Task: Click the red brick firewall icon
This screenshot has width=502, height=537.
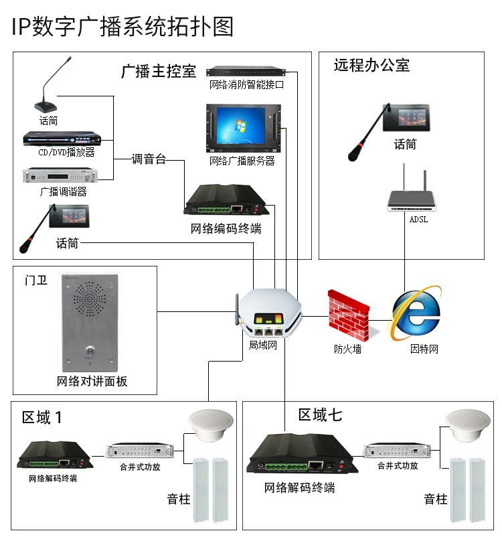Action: point(348,315)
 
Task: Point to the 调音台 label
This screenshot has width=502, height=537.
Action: point(149,159)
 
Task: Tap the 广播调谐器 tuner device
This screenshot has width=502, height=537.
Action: point(60,175)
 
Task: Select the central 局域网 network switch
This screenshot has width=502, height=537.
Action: point(267,314)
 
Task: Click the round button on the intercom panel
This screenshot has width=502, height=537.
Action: point(88,350)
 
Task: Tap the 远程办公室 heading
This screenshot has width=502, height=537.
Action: point(371,66)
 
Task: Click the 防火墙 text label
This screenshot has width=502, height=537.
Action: point(348,349)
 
